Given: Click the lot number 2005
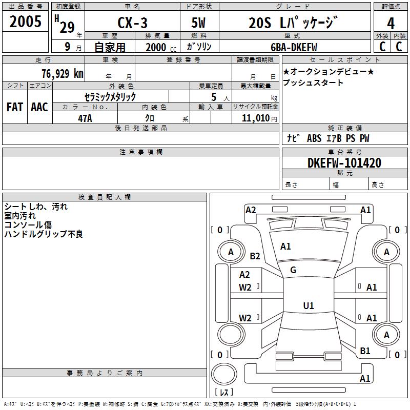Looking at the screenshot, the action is pyautogui.click(x=25, y=22).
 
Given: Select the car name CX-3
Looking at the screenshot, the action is pyautogui.click(x=132, y=23).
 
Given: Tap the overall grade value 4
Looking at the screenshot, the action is pyautogui.click(x=391, y=24).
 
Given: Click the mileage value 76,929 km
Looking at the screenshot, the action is pyautogui.click(x=63, y=73).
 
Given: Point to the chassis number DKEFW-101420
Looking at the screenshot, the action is pyautogui.click(x=344, y=163).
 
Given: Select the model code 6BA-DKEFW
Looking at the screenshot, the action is pyautogui.click(x=294, y=47).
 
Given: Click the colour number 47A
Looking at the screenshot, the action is pyautogui.click(x=85, y=118).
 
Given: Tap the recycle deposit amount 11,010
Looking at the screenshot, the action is pyautogui.click(x=256, y=118).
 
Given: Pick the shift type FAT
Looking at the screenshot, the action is pyautogui.click(x=15, y=107).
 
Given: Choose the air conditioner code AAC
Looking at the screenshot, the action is pyautogui.click(x=39, y=107).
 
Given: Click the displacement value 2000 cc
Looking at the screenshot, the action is pyautogui.click(x=161, y=47).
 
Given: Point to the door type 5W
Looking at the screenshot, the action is pyautogui.click(x=198, y=23).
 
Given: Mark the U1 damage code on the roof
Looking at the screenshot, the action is pyautogui.click(x=309, y=305).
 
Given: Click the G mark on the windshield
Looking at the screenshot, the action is pyautogui.click(x=293, y=270).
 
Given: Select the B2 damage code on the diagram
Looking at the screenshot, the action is pyautogui.click(x=255, y=256).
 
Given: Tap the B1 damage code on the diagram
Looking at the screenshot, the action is pyautogui.click(x=365, y=351).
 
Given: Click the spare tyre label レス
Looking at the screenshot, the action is pyautogui.click(x=224, y=392).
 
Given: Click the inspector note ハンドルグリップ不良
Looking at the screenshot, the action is pyautogui.click(x=44, y=234).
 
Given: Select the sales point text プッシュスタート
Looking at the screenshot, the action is pyautogui.click(x=313, y=83).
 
